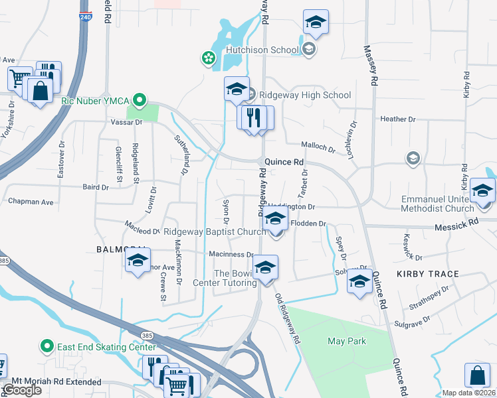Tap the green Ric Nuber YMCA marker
coord(139,101)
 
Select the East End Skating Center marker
coord(47,346)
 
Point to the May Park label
coord(347,342)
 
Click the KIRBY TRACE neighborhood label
coord(428,274)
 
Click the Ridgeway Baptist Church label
coord(215,232)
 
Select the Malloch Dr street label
coord(318,147)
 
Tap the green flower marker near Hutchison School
coord(209,58)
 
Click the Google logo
coord(22,390)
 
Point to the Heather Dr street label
coord(397,119)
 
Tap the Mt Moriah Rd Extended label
coord(52,383)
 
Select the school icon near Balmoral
coord(137,260)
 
